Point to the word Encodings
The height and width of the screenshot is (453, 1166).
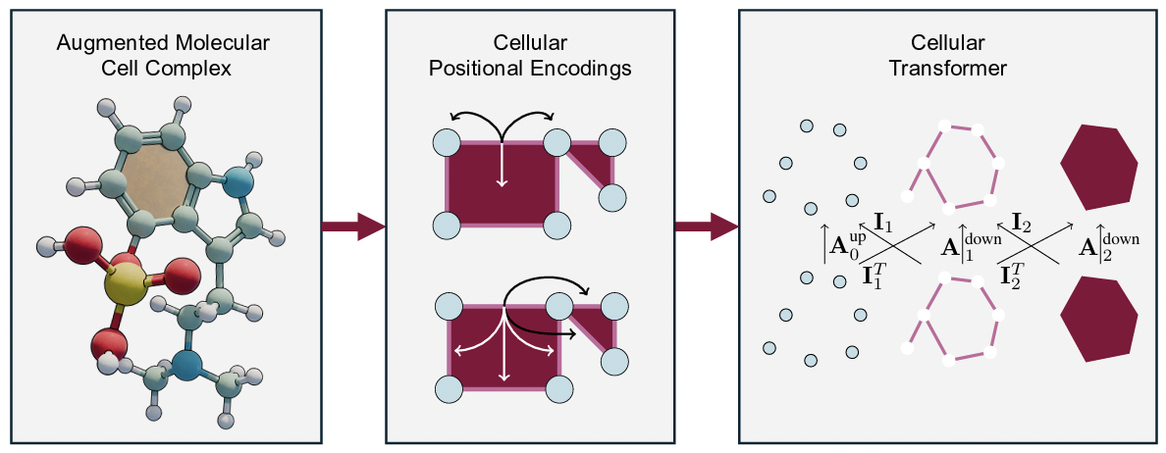pyautogui.click(x=583, y=70)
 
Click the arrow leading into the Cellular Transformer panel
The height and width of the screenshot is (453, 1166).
pyautogui.click(x=706, y=227)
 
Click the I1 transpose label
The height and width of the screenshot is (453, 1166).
pyautogui.click(x=876, y=276)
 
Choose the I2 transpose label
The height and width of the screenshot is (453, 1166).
pyautogui.click(x=1014, y=276)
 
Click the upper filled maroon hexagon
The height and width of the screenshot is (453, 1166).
pyautogui.click(x=1099, y=167)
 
